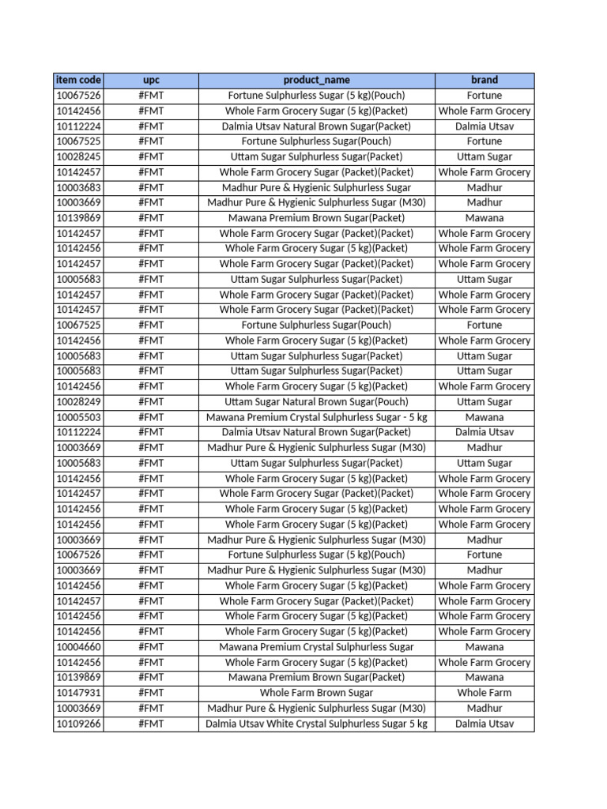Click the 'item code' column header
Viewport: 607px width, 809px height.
[x=78, y=80]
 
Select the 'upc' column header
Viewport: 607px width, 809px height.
[x=151, y=80]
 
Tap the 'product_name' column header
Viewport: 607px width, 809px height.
[x=316, y=80]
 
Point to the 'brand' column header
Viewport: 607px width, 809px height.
[x=484, y=80]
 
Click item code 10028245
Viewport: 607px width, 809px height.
[x=78, y=156]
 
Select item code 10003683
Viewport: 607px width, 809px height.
[x=78, y=187]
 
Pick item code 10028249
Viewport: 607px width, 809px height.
[x=78, y=401]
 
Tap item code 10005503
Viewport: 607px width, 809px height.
[x=78, y=417]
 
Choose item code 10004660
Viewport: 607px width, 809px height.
[x=78, y=647]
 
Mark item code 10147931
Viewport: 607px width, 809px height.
[x=78, y=693]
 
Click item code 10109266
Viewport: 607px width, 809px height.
[x=78, y=724]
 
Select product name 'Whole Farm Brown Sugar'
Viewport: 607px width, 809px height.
[x=316, y=693]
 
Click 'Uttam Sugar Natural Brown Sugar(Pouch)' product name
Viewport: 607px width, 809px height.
[x=316, y=401]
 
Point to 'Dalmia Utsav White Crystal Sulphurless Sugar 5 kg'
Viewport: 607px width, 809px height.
[x=316, y=724]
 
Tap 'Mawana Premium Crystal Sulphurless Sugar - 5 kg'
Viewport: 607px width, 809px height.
[x=316, y=417]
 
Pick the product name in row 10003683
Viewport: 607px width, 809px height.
[x=316, y=187]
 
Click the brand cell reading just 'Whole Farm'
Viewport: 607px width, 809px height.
[x=484, y=693]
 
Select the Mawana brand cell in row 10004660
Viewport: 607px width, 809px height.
[x=484, y=647]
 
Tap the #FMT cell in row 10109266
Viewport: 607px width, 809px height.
[x=151, y=724]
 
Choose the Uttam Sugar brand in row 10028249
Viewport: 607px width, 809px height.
[x=484, y=401]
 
